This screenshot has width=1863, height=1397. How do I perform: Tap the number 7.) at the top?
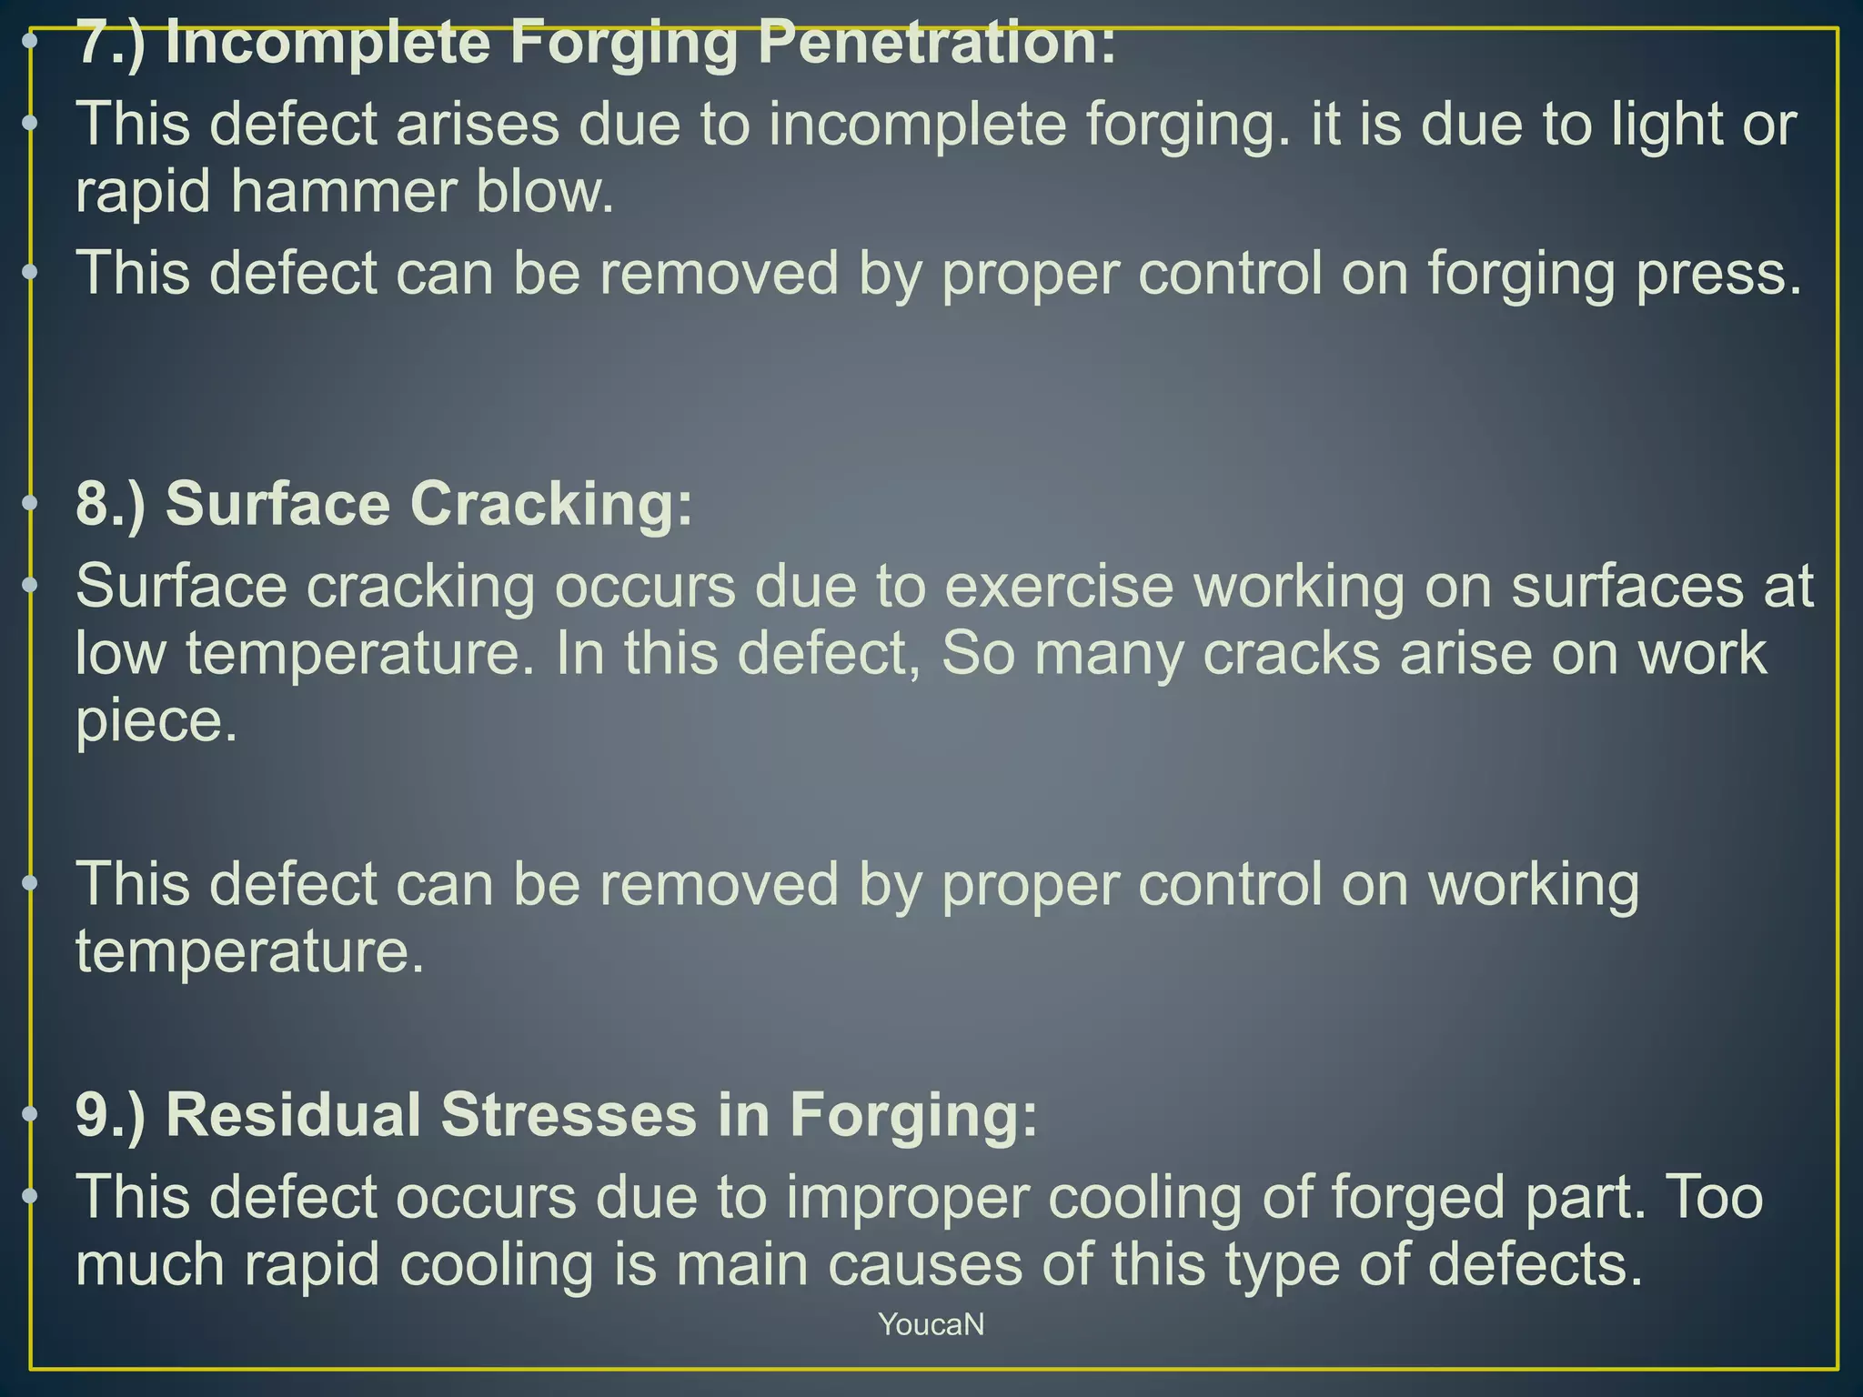coord(110,43)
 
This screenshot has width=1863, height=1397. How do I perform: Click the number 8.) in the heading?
coord(110,504)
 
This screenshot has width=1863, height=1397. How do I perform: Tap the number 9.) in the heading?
coord(110,1115)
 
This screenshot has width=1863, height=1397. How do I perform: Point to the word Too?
coord(1714,1198)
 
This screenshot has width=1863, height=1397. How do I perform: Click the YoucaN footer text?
coord(931,1324)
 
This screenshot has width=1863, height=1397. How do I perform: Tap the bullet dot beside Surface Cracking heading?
coord(30,502)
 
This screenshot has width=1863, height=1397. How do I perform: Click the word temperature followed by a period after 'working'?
coord(249,951)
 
